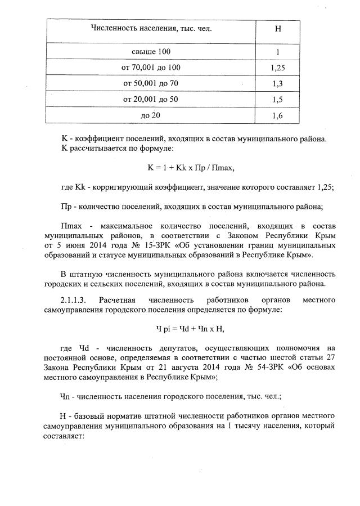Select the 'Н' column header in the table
277,29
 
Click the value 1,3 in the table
277,84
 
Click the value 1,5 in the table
277,100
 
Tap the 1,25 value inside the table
277,69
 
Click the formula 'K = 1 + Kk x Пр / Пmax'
190,168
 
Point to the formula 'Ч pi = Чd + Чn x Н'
190,328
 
